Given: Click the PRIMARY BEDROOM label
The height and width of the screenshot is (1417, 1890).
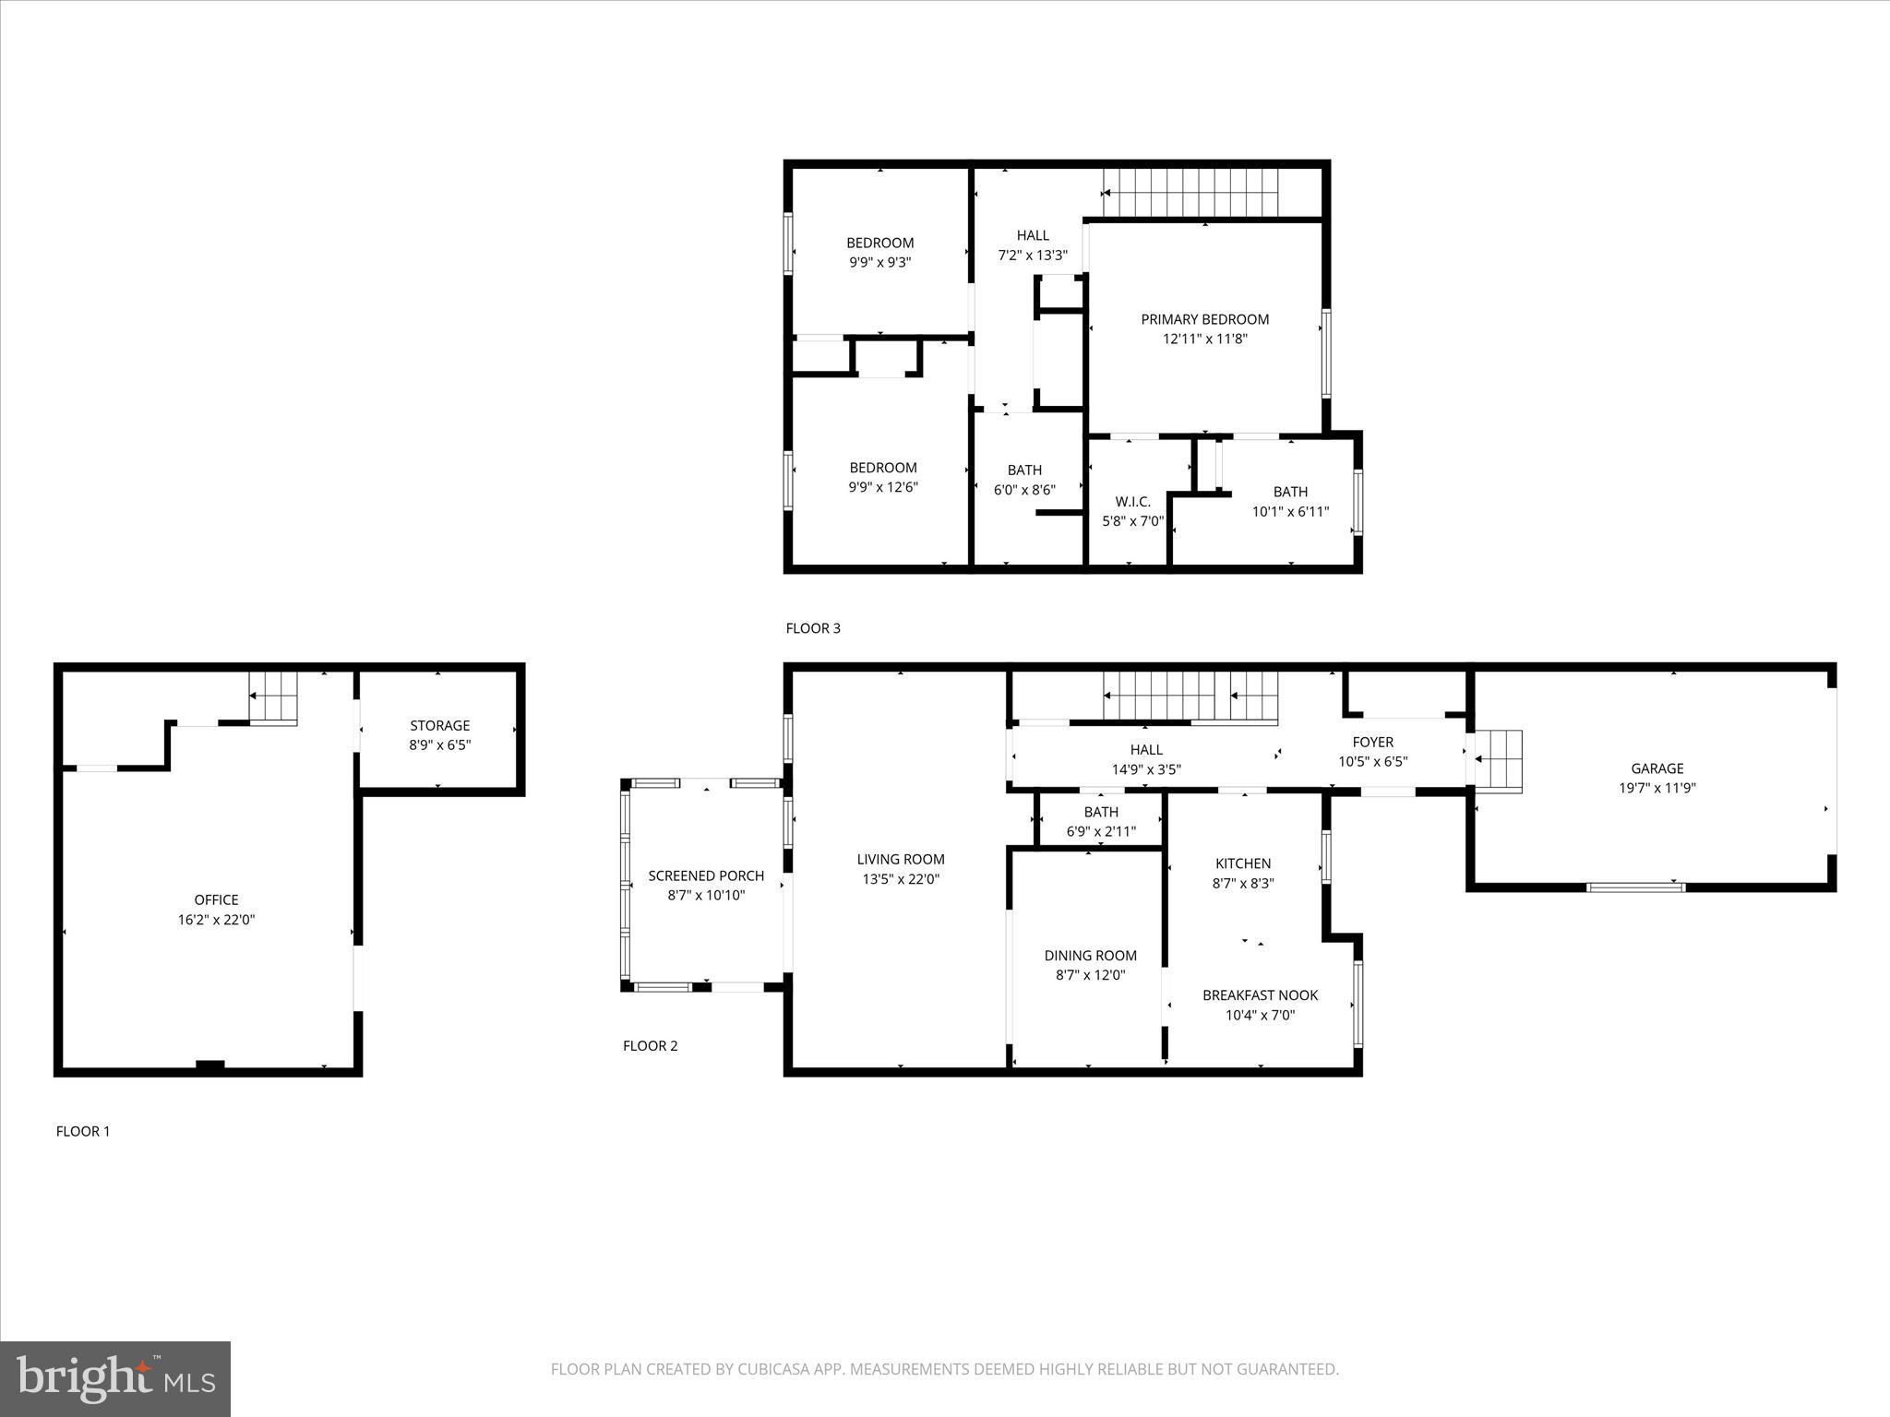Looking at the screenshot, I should tap(1204, 319).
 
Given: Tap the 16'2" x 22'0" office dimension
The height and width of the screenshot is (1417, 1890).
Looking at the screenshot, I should tap(216, 920).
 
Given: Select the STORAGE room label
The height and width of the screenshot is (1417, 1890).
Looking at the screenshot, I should tap(440, 725).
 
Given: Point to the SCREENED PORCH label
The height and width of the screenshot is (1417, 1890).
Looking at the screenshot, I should tap(706, 875).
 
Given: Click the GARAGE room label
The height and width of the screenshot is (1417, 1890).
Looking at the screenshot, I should tap(1657, 768).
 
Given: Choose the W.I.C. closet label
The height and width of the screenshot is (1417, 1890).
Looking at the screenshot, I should tap(1132, 501).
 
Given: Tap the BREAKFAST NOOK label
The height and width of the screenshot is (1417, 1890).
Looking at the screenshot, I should tap(1260, 995).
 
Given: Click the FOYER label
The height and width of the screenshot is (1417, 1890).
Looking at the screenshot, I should tap(1372, 742).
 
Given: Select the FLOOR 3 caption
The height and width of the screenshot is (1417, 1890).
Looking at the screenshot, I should tap(813, 628).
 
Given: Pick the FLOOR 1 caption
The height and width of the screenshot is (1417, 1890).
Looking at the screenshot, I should tap(83, 1131).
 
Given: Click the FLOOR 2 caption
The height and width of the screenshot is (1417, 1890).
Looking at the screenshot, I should tap(650, 1045).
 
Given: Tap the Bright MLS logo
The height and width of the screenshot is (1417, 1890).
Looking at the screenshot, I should tap(115, 1378).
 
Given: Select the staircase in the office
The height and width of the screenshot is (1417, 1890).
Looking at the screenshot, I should tap(274, 698).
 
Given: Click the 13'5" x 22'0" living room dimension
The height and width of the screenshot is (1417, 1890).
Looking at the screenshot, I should tap(900, 879).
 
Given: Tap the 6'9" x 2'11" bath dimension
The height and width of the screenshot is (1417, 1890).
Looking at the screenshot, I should tap(1101, 831).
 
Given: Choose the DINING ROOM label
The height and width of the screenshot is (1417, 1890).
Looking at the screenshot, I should tap(1090, 956).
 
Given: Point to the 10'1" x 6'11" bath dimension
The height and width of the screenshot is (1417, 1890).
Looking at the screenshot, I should tap(1290, 511).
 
